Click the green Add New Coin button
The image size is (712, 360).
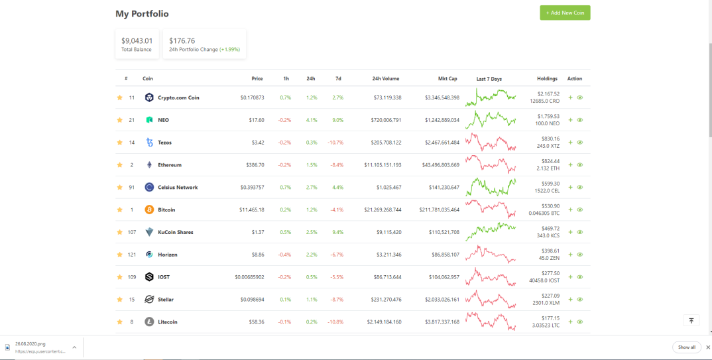565,13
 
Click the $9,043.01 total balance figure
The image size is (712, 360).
137,41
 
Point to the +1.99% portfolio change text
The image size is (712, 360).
230,50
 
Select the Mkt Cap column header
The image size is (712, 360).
447,78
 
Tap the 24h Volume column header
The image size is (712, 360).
386,78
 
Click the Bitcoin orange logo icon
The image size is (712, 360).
149,210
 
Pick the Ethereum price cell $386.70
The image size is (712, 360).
255,165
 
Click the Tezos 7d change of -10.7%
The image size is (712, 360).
335,143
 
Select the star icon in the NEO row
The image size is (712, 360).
120,120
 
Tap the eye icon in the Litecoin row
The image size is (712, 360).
580,322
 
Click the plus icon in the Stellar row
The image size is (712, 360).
570,300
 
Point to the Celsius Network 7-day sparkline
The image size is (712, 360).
491,187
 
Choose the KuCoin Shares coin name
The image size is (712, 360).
175,232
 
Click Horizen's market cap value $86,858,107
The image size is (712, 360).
445,255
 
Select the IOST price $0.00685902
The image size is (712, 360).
249,277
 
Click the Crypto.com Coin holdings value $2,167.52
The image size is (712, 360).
548,94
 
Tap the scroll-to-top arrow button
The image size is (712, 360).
691,320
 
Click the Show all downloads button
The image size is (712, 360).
687,347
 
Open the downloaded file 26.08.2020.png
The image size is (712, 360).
30,344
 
